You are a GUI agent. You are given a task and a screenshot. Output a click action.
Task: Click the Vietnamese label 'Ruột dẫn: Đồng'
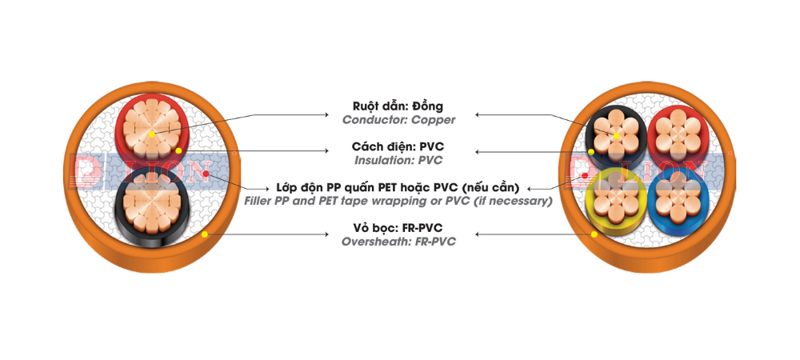coord(398,106)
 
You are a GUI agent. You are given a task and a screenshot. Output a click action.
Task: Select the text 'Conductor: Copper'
coord(398,120)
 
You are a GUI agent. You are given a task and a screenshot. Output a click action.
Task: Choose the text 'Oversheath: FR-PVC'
coord(398,241)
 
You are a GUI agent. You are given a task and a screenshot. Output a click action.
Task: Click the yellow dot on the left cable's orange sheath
coord(205,234)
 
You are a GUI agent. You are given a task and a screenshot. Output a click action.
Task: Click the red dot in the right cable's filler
coord(585,174)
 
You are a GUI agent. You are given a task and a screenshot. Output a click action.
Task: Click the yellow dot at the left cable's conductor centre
coord(152,134)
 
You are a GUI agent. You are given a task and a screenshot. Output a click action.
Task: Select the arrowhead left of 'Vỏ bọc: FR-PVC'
coord(326,234)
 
